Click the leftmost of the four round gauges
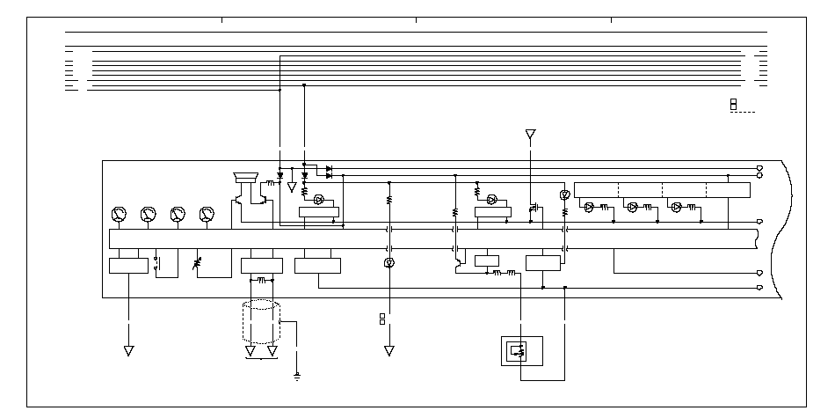point(119,214)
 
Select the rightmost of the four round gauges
point(207,214)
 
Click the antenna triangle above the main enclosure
point(530,135)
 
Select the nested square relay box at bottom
point(520,353)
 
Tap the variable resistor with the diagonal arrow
point(197,263)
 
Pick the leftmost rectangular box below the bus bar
point(128,265)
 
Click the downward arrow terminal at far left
point(128,350)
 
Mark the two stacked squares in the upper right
point(733,105)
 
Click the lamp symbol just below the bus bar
point(389,263)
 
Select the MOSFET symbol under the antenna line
point(533,209)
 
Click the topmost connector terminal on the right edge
point(760,167)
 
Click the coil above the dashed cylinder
point(261,282)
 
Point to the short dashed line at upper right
point(743,113)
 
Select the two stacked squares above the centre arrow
point(382,318)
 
